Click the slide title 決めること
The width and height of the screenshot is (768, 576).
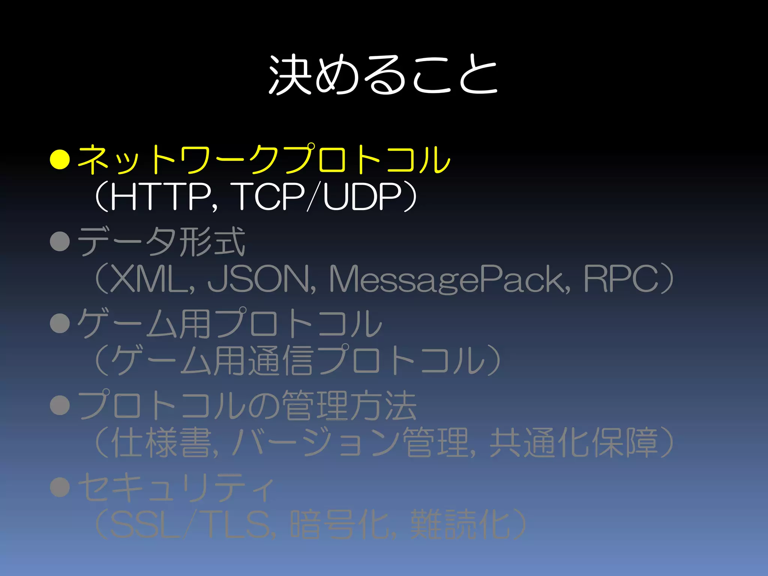click(x=383, y=75)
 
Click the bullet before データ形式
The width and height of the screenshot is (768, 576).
click(x=60, y=241)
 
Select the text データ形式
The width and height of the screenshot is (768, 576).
click(x=162, y=242)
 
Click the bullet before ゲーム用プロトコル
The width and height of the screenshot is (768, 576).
click(x=60, y=323)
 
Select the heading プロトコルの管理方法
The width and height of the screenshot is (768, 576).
click(x=247, y=405)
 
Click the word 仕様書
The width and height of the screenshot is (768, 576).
click(x=161, y=443)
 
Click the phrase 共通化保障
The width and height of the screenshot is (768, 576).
click(x=574, y=443)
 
